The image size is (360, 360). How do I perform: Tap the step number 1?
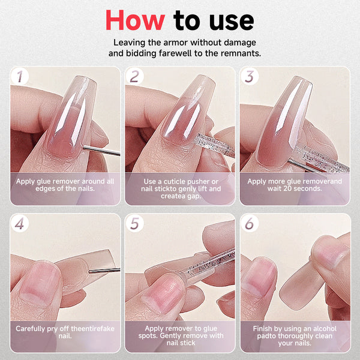point(22,76)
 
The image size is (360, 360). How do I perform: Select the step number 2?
point(135,76)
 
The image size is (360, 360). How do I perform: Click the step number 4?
point(22,224)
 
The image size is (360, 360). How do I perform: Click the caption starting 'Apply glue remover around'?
point(65,185)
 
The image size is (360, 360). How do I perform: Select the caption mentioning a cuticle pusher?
point(180,185)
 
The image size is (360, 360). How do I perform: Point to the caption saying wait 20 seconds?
point(295,185)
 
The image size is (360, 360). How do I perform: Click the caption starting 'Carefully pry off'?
point(65,332)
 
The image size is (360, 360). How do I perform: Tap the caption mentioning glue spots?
point(180,332)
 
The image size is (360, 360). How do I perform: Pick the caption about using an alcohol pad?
point(295,332)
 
